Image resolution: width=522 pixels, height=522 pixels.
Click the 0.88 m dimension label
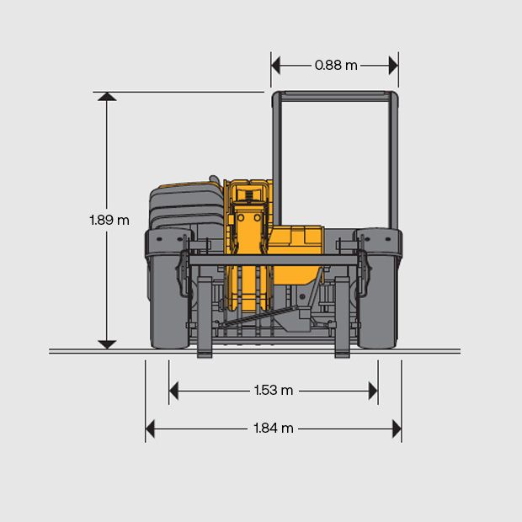click(x=336, y=66)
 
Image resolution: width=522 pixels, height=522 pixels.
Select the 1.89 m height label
click(x=109, y=220)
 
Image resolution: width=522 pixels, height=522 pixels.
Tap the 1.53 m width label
click(x=274, y=390)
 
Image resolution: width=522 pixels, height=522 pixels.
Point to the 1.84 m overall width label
click(x=274, y=428)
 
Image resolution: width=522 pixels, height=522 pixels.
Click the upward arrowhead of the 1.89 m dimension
click(x=107, y=97)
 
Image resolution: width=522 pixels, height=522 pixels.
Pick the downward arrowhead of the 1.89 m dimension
click(x=107, y=344)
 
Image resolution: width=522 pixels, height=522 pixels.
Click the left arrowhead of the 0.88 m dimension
click(x=275, y=66)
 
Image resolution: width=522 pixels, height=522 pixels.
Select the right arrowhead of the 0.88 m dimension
click(x=393, y=66)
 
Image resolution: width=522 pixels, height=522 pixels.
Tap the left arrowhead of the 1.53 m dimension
click(x=173, y=391)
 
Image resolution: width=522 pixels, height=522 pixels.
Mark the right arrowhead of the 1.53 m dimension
click(x=373, y=391)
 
